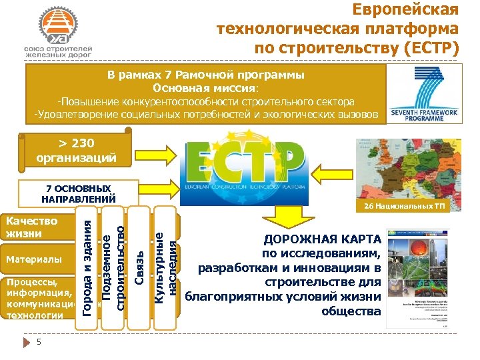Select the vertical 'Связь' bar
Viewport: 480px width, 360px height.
click(139, 267)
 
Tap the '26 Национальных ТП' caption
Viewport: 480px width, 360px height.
click(404, 207)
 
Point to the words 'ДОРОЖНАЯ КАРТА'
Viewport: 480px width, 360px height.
click(323, 239)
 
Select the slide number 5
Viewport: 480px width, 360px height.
click(39, 342)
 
